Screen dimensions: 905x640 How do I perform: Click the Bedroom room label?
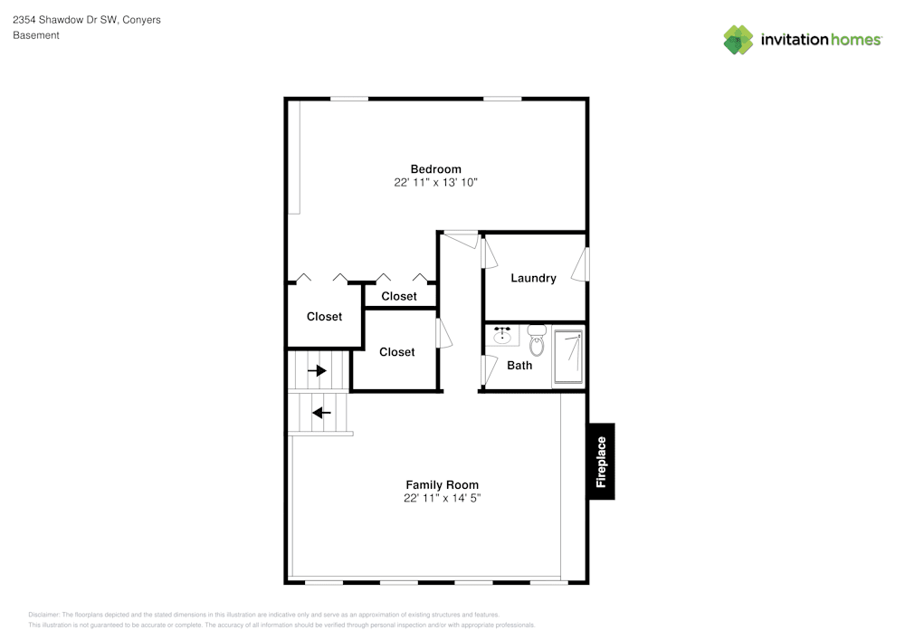click(436, 169)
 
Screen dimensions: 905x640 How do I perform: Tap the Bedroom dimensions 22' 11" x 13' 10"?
click(436, 182)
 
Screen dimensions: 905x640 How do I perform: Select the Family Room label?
click(443, 485)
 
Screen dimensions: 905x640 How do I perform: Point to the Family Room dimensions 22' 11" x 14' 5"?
click(443, 498)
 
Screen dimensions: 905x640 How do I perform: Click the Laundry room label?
click(533, 278)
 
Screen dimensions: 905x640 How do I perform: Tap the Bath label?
click(519, 366)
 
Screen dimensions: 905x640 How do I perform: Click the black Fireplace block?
click(602, 462)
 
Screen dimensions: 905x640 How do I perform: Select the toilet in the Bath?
click(537, 340)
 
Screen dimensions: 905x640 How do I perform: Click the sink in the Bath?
click(502, 335)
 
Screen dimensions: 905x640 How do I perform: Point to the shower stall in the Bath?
click(568, 357)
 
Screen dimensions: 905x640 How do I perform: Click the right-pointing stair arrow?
click(317, 370)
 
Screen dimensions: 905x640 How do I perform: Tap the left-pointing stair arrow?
click(321, 413)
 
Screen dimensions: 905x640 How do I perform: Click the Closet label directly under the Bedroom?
click(399, 296)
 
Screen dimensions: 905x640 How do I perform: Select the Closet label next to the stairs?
click(397, 352)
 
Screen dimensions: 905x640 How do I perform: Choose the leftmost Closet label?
click(324, 316)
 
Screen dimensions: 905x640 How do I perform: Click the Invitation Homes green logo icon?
click(738, 40)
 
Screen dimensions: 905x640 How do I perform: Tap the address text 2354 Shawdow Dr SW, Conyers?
click(87, 20)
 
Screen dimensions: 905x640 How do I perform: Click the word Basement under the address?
click(36, 35)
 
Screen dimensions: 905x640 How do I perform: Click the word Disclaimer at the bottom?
click(43, 615)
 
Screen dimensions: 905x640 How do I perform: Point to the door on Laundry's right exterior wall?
click(581, 265)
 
